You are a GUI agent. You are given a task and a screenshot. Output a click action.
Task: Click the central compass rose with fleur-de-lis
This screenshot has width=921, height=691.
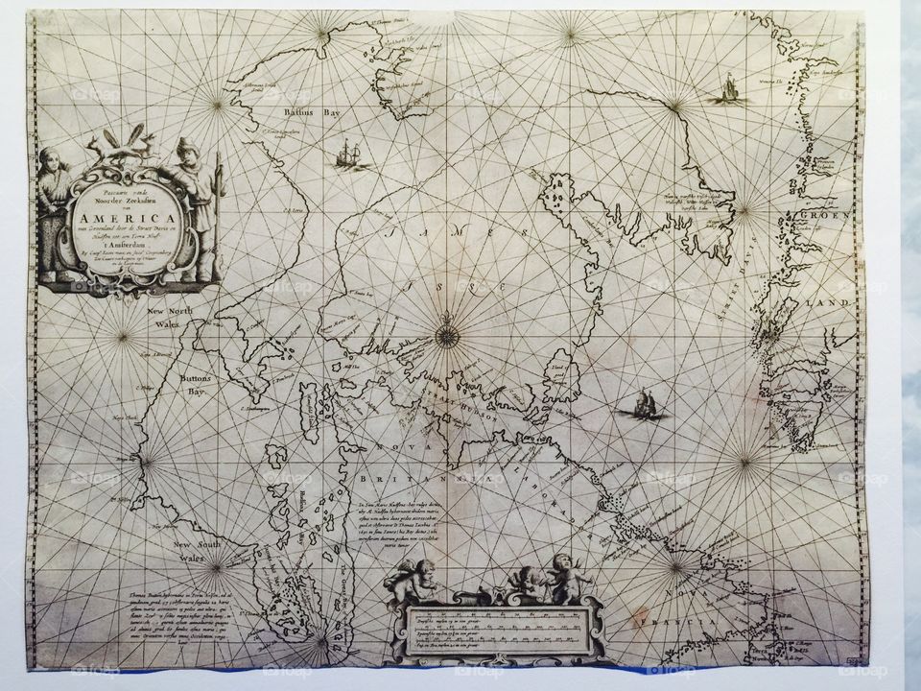(446, 334)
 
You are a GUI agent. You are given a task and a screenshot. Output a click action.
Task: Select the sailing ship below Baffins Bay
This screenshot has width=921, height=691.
(349, 154)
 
